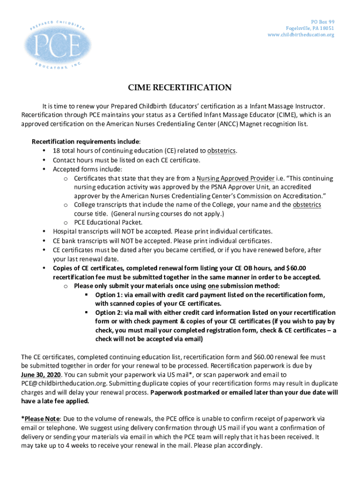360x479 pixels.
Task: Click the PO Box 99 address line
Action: point(323,22)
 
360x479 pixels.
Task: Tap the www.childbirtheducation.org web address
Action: point(301,35)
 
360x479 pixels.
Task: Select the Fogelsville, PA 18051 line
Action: point(310,29)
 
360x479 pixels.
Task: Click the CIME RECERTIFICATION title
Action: point(180,87)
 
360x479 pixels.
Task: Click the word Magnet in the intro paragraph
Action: point(240,124)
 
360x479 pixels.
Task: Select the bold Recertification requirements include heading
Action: point(86,142)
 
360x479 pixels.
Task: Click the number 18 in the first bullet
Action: point(57,151)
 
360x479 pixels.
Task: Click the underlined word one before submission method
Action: point(213,286)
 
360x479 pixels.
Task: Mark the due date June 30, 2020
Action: point(41,375)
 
